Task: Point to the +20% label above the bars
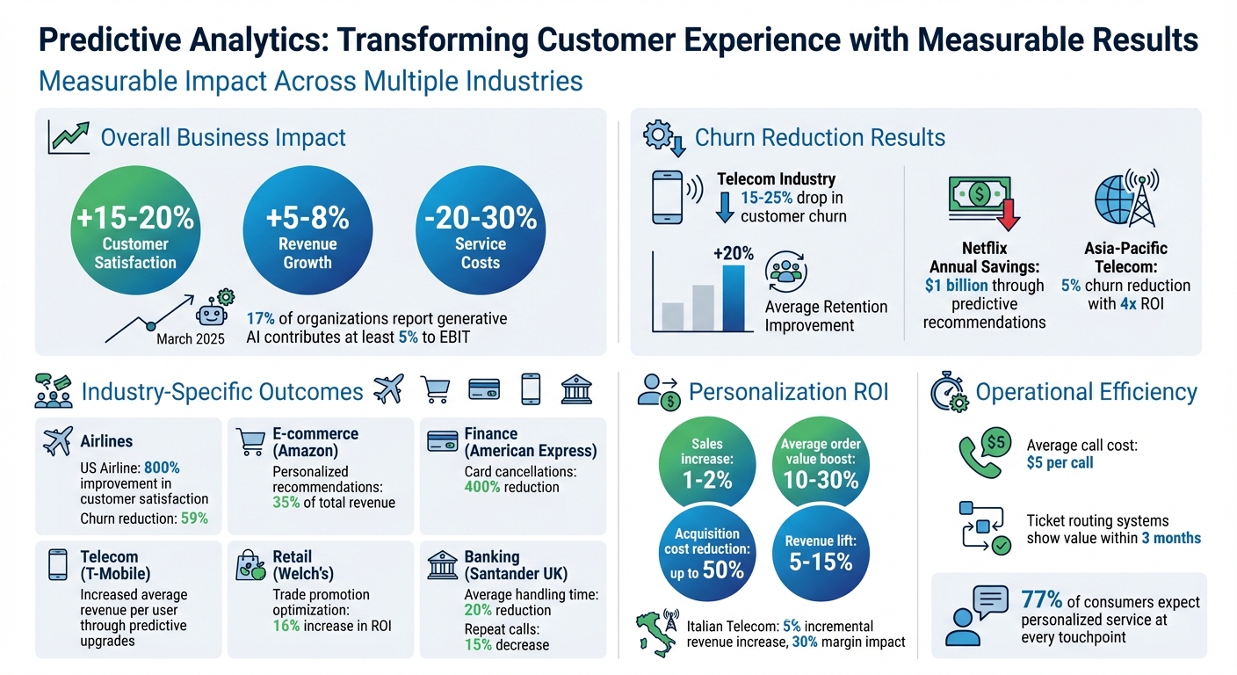tap(733, 253)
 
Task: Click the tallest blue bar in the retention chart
tap(733, 298)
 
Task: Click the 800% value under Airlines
tap(161, 467)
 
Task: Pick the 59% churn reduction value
tap(194, 519)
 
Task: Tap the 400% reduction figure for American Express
tap(481, 487)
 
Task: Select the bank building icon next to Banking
tap(442, 566)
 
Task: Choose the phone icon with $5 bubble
tap(984, 453)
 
